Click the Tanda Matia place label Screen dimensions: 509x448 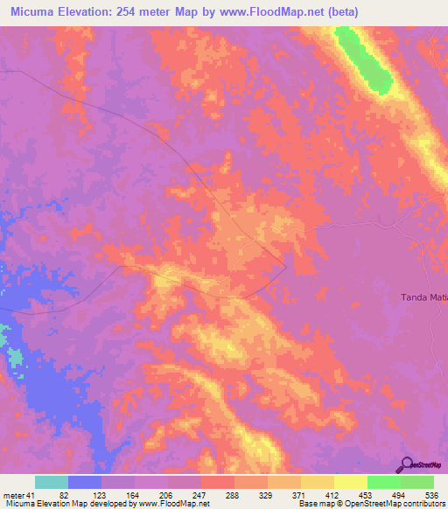(424, 297)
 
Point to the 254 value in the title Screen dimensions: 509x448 (142, 10)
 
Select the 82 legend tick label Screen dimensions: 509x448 (64, 495)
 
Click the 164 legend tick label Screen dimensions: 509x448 (133, 495)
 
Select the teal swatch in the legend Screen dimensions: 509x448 (52, 482)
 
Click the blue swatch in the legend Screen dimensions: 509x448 (85, 482)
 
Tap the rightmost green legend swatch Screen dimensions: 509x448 (416, 482)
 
